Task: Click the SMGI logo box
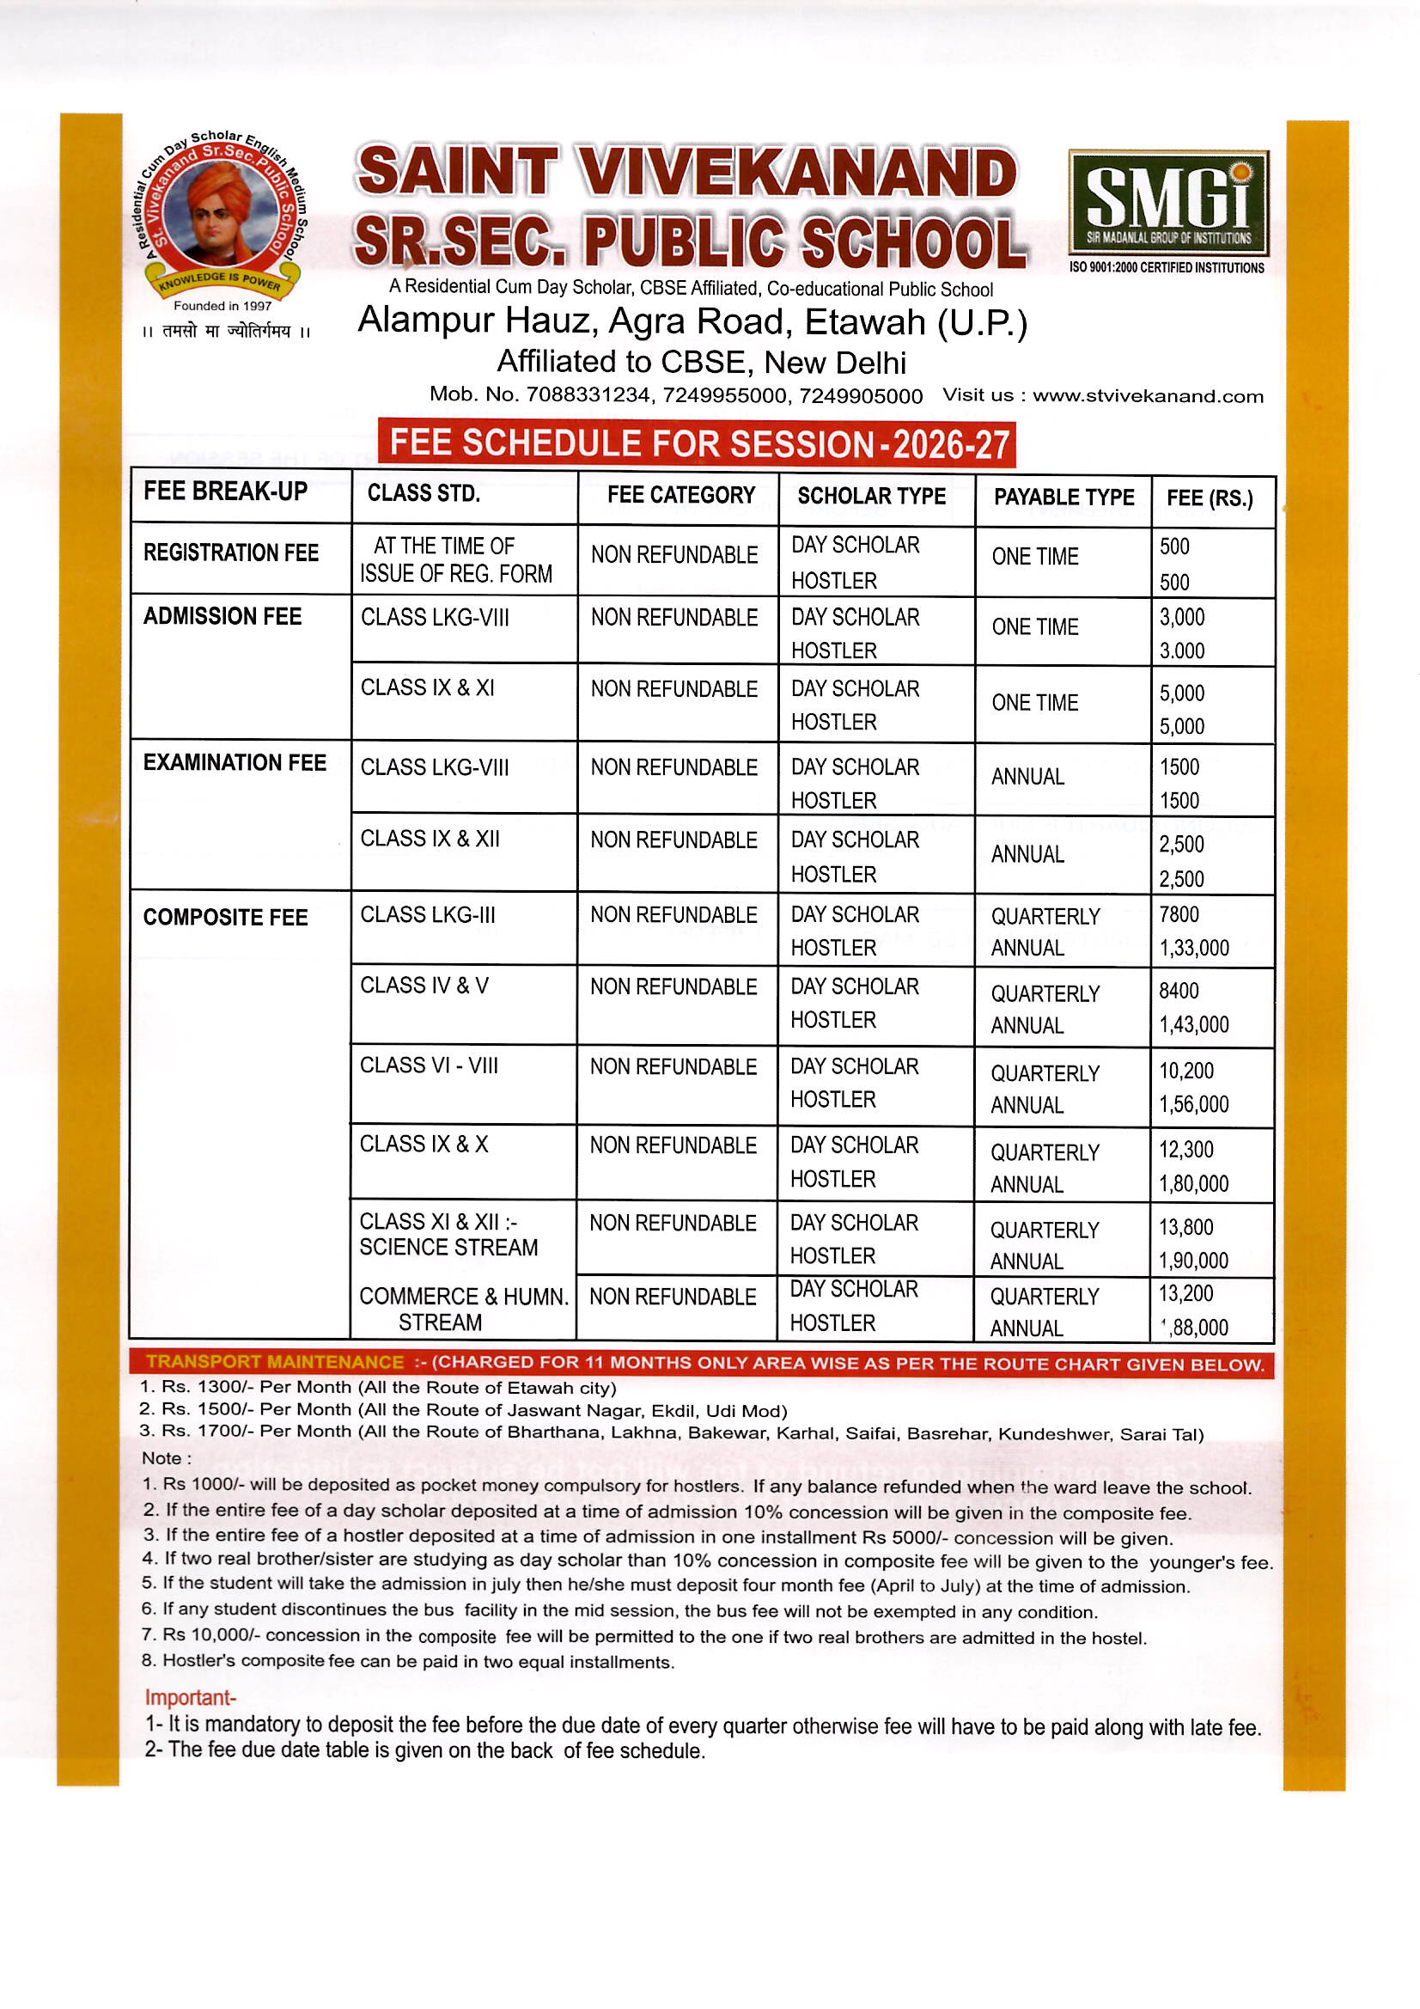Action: (x=1168, y=202)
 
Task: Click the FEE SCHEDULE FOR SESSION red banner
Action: (x=697, y=443)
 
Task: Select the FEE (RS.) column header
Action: (x=1210, y=498)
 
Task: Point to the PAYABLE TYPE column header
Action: (x=1063, y=497)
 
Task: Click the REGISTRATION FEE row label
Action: (x=231, y=553)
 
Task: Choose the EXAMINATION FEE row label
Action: (x=235, y=762)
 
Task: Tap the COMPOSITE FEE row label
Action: (x=226, y=917)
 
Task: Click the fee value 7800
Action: (x=1179, y=914)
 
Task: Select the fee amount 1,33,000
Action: (x=1193, y=948)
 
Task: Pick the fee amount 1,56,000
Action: (x=1193, y=1104)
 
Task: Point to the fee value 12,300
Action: (x=1185, y=1149)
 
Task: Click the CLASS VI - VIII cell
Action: (x=429, y=1065)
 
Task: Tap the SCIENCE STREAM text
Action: (x=448, y=1247)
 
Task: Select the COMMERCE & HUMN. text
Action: (x=464, y=1296)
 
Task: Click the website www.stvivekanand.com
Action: (x=1148, y=395)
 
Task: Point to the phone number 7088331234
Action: (x=587, y=394)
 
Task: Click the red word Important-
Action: (x=190, y=1697)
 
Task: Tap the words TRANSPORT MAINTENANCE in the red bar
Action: (x=275, y=1361)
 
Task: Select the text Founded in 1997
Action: (x=222, y=305)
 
